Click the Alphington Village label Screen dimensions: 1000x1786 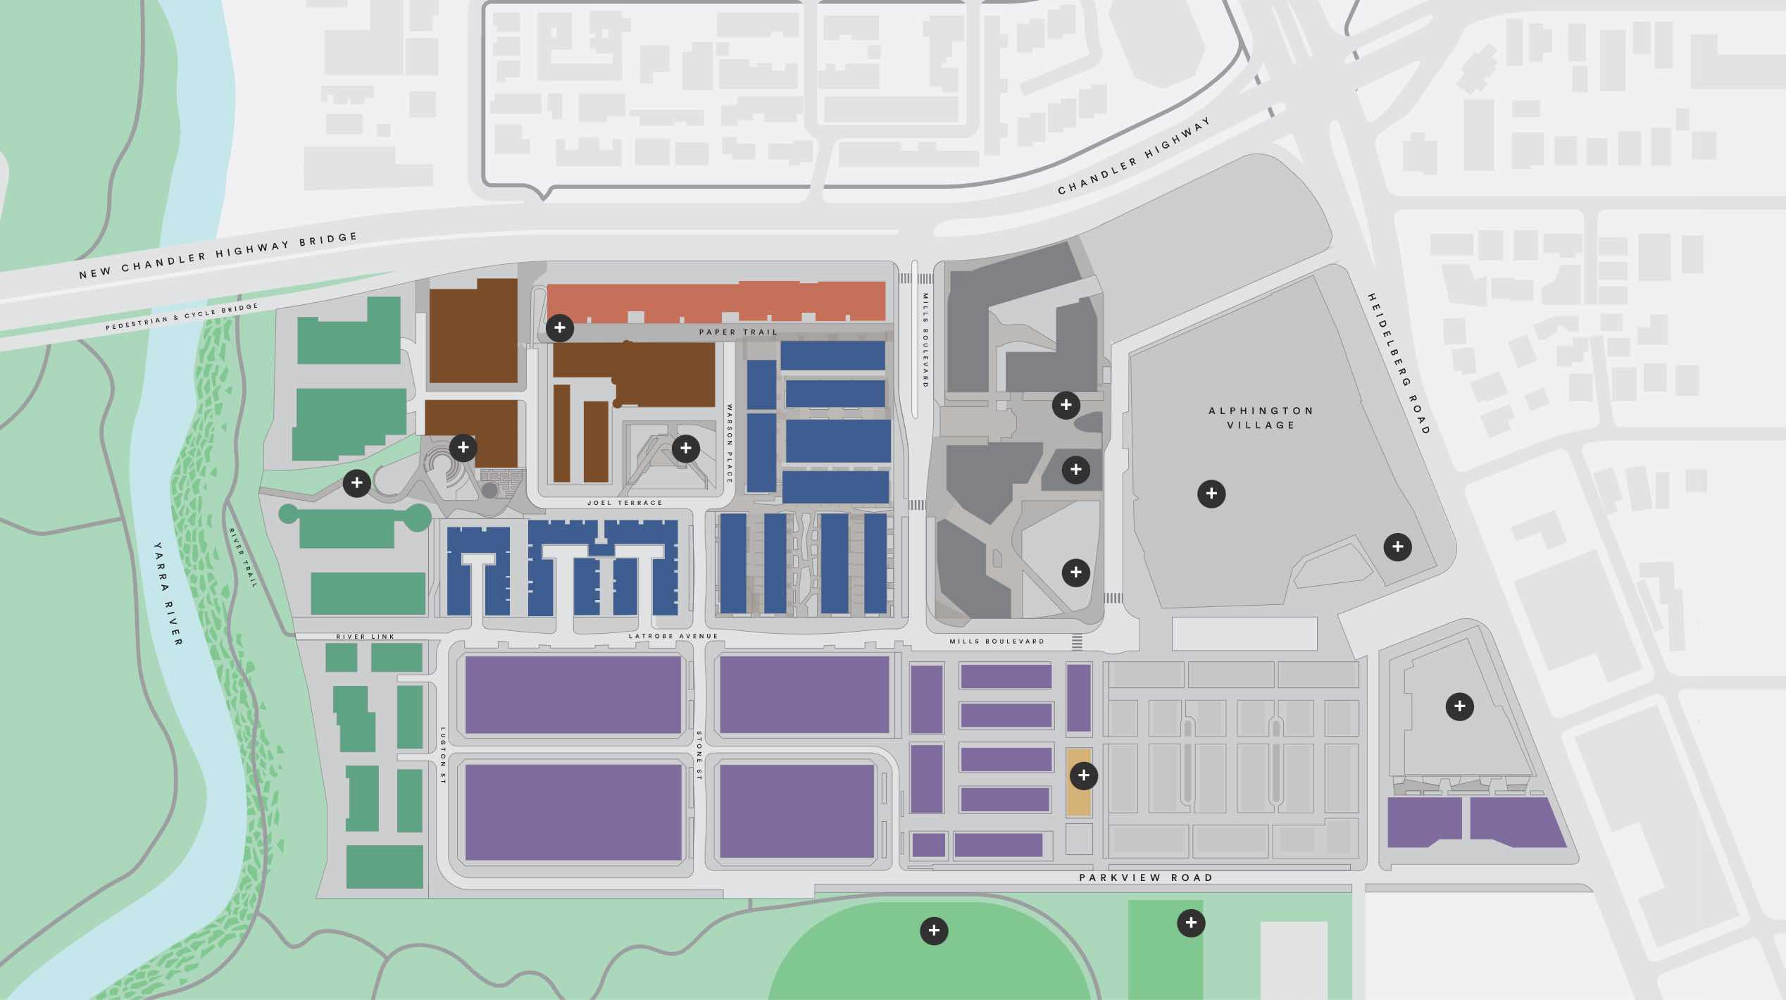point(1261,418)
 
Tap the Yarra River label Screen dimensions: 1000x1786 point(168,593)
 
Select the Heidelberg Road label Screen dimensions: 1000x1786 point(1399,363)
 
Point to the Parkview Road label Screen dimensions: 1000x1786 point(1146,877)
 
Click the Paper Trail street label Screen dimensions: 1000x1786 point(738,332)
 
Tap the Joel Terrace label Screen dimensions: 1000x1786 point(625,503)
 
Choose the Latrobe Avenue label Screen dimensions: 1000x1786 point(673,636)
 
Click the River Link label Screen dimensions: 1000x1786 point(365,637)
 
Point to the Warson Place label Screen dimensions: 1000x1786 point(730,443)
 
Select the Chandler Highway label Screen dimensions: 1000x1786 point(1134,156)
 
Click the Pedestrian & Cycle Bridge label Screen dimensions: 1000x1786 point(182,317)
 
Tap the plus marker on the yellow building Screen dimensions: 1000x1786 point(1083,775)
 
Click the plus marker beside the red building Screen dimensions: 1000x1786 point(560,327)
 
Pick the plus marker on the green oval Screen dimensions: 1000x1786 point(934,930)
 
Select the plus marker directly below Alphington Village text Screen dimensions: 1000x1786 point(1211,494)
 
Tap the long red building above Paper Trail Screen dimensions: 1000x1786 point(716,302)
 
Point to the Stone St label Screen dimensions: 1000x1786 point(699,755)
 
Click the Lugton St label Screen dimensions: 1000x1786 point(443,756)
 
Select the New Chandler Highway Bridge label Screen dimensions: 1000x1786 point(218,256)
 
